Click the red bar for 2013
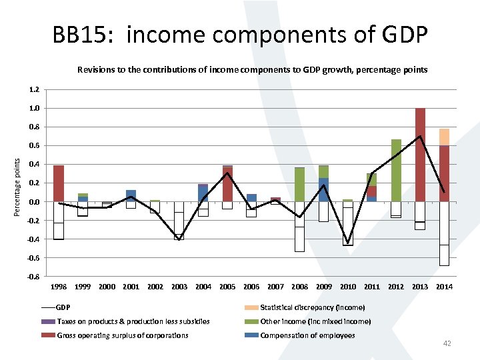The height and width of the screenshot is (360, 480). click(x=420, y=155)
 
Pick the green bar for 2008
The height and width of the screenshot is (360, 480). click(x=300, y=185)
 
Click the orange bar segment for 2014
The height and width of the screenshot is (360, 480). click(x=444, y=137)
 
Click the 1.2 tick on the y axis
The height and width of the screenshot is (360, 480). click(x=35, y=89)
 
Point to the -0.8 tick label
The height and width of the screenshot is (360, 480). click(x=34, y=277)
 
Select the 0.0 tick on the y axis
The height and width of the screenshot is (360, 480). click(x=35, y=202)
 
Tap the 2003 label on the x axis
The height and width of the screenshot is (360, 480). click(x=179, y=287)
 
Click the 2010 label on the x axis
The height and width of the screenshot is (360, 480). click(x=348, y=287)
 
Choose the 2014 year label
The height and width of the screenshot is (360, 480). click(x=444, y=287)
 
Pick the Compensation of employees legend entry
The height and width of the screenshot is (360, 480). click(x=307, y=335)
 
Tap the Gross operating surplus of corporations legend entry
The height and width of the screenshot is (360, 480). click(x=123, y=335)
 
